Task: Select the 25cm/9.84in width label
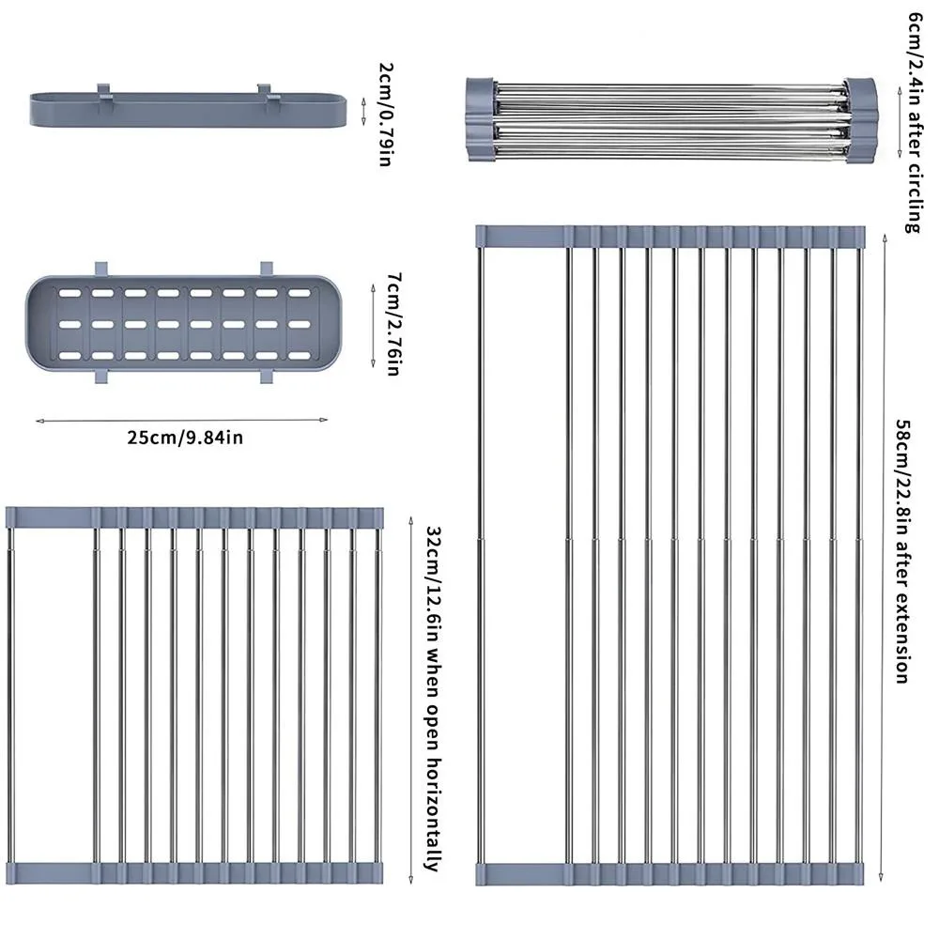point(180,437)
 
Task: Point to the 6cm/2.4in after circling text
point(914,122)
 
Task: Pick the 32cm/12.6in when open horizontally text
point(433,700)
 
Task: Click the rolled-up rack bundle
point(670,118)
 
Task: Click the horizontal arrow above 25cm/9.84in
point(180,420)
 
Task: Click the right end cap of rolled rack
point(860,118)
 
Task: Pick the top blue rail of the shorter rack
point(194,516)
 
